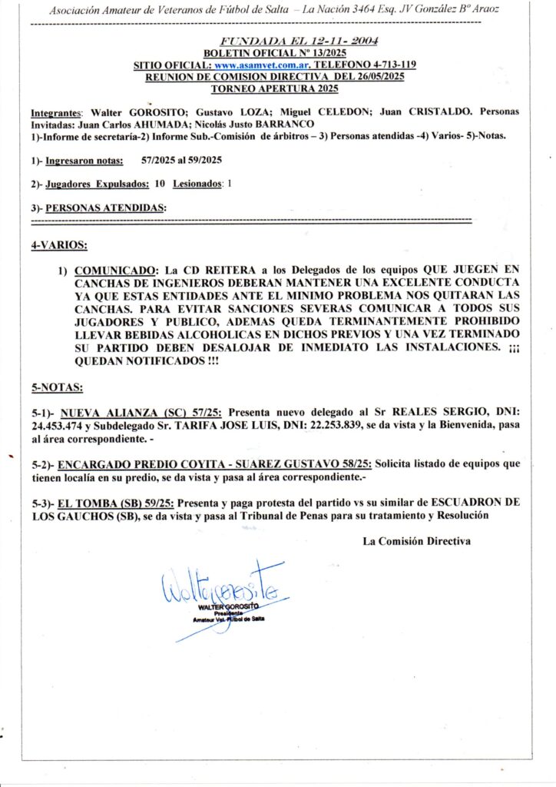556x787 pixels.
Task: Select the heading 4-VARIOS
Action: click(x=59, y=245)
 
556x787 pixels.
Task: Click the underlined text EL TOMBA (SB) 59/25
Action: click(x=121, y=503)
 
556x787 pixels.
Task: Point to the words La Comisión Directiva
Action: click(x=416, y=541)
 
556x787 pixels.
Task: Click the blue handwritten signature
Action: click(x=223, y=590)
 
